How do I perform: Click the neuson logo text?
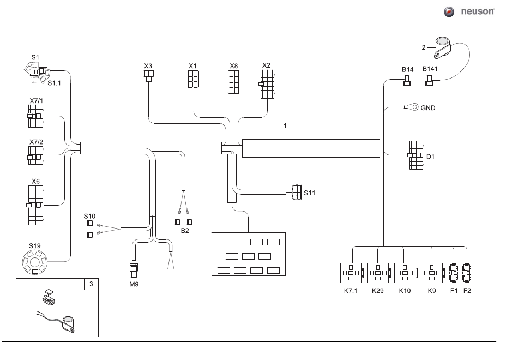click(x=477, y=11)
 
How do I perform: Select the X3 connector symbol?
click(x=149, y=76)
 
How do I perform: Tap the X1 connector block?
click(x=193, y=79)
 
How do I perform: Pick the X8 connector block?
click(x=233, y=82)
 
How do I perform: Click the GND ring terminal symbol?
click(x=411, y=107)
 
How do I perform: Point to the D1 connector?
click(x=415, y=155)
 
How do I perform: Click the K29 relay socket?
click(x=378, y=273)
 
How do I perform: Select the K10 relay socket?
click(x=405, y=273)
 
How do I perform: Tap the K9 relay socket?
click(x=432, y=273)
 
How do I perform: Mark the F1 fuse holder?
click(x=454, y=273)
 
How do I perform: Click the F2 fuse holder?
click(x=467, y=273)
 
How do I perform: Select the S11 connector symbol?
click(x=297, y=192)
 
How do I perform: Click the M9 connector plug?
click(x=134, y=270)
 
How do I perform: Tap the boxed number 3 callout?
click(x=91, y=284)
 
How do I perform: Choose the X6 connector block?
click(x=35, y=205)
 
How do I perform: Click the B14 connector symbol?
click(x=407, y=80)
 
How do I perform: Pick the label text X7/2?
click(x=37, y=142)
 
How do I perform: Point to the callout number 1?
click(x=285, y=126)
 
